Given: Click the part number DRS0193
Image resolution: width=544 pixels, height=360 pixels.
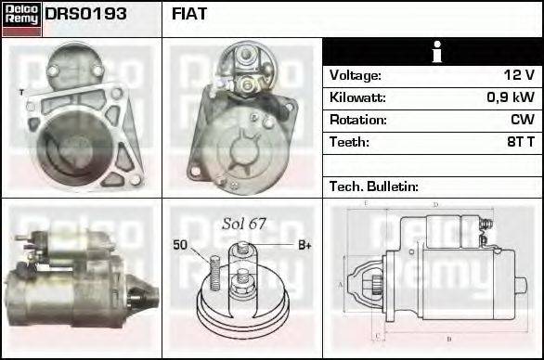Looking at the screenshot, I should [86, 15].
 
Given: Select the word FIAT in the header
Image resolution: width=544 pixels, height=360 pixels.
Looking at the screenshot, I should [190, 15].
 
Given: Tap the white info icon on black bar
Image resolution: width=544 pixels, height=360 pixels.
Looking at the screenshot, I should [433, 52].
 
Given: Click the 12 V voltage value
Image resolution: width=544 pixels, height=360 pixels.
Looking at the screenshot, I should [518, 75].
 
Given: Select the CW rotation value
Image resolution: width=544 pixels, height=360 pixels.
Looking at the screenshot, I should [523, 120].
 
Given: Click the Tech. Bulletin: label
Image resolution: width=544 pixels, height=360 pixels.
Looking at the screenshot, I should [374, 186].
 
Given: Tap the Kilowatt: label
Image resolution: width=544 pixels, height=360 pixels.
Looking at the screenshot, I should [357, 97].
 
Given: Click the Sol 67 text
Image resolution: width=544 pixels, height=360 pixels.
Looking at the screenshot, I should [244, 224].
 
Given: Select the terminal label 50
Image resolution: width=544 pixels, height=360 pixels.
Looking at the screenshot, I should [180, 245].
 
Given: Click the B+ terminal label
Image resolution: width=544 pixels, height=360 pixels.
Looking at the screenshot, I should [303, 245].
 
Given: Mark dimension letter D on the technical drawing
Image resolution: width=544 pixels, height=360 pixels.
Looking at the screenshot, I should [435, 204].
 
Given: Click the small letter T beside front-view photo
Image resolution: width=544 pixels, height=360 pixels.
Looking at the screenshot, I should [19, 92].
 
